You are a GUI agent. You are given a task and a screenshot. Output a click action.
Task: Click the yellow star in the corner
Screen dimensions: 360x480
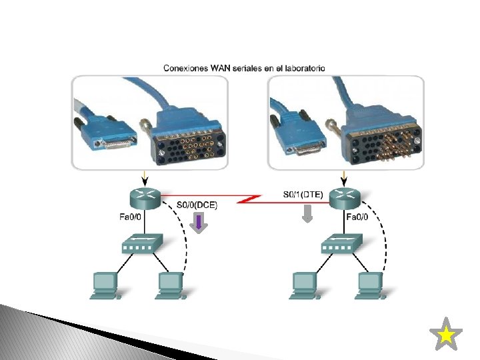click(446, 335)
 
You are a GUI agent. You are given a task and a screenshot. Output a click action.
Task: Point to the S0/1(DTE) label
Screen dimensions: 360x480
click(303, 195)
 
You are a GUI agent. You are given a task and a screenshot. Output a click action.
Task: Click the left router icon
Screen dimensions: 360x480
click(145, 197)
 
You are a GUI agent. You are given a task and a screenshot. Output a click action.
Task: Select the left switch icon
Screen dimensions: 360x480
click(141, 245)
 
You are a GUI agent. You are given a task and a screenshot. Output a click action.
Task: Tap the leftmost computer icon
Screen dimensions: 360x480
click(104, 285)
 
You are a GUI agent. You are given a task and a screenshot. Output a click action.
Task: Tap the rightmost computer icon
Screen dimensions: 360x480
click(371, 285)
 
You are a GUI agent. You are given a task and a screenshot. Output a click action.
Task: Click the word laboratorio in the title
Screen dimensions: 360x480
click(305, 68)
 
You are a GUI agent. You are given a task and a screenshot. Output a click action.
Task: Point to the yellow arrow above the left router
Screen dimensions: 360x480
click(145, 178)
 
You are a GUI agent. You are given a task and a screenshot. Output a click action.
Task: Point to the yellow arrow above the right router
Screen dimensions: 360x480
click(345, 178)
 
